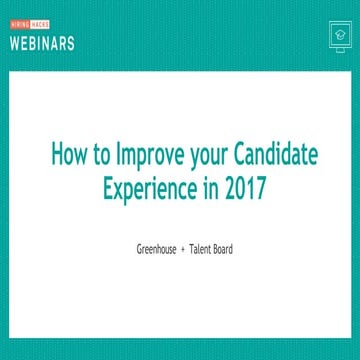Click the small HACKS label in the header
[37, 25]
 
